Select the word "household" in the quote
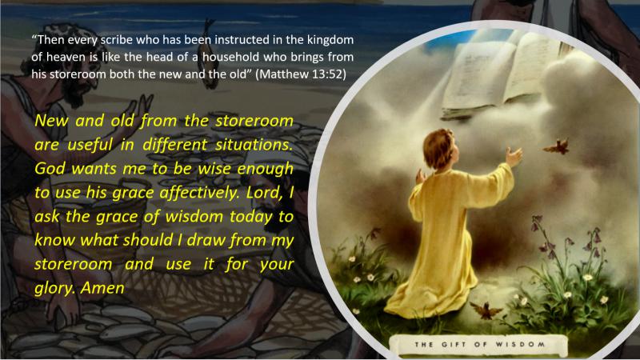coord(230,57)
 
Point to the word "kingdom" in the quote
coord(330,39)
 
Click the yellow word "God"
coord(50,168)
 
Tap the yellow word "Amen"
coord(102,288)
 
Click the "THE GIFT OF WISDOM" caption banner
coord(478,345)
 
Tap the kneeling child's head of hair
coord(438,148)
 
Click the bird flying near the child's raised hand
coord(557,146)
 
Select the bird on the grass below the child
coord(486,310)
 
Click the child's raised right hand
coord(513,157)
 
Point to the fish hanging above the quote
coord(210,53)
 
